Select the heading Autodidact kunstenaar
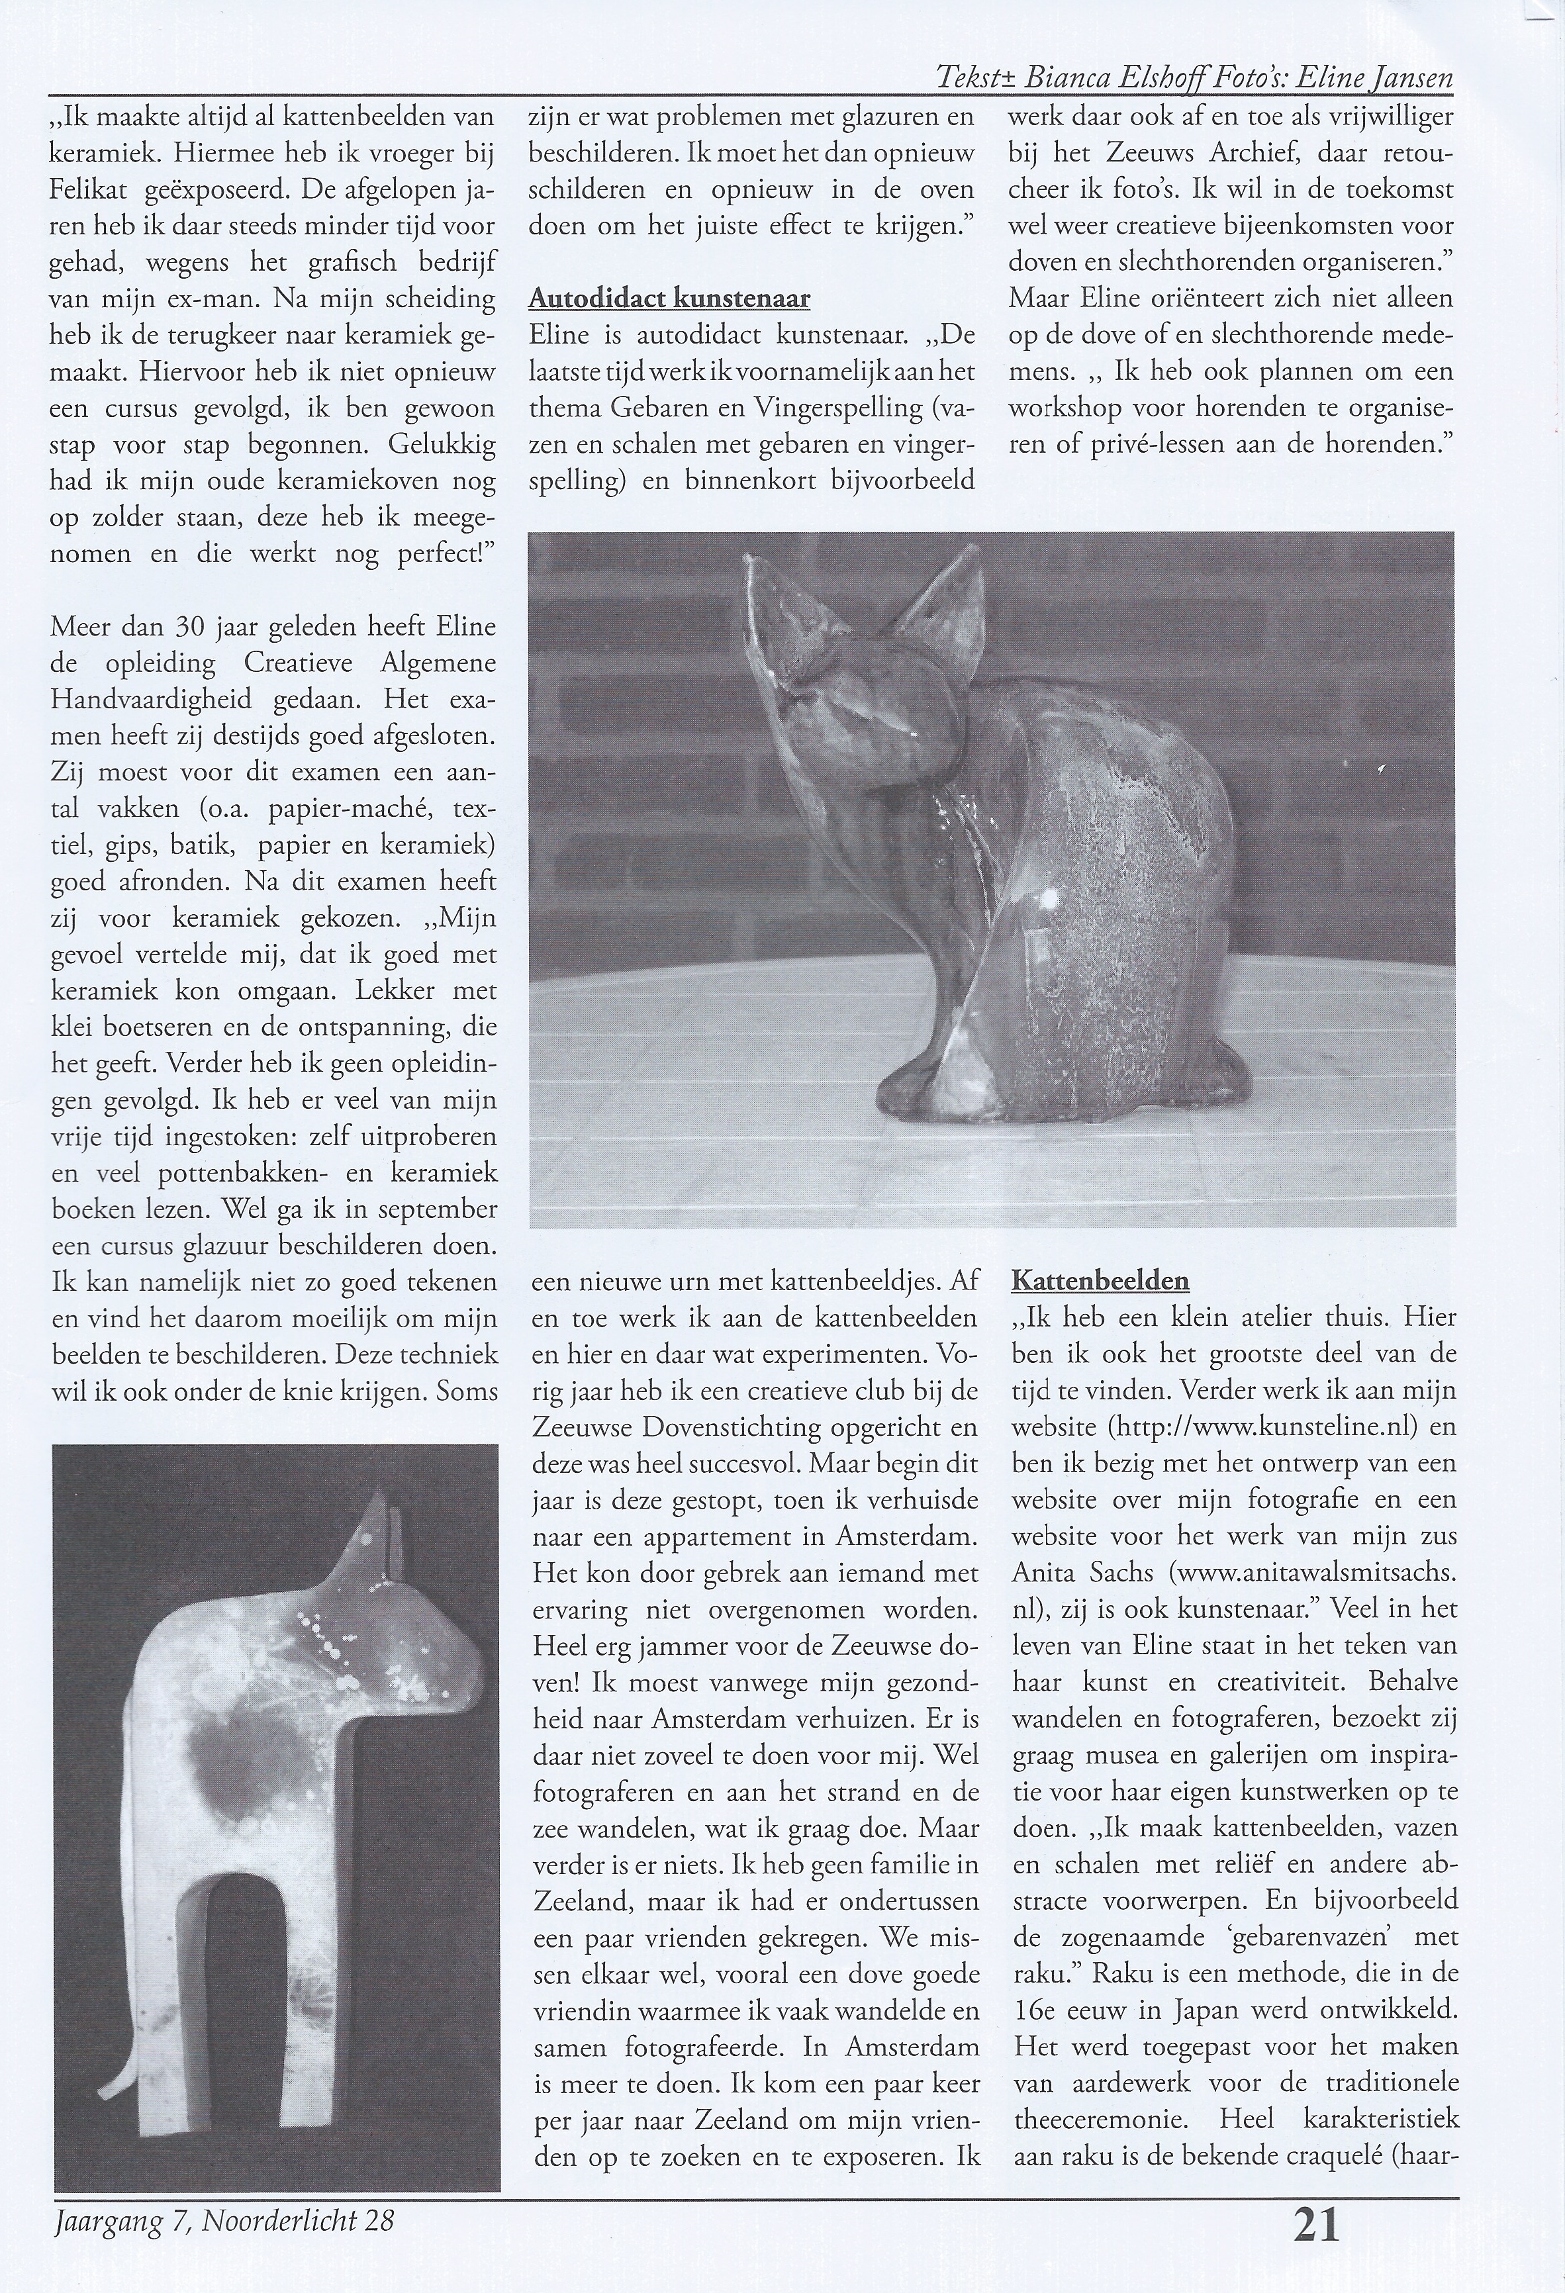click(x=669, y=298)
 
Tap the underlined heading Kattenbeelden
click(x=1100, y=1281)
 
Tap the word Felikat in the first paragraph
click(x=103, y=189)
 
